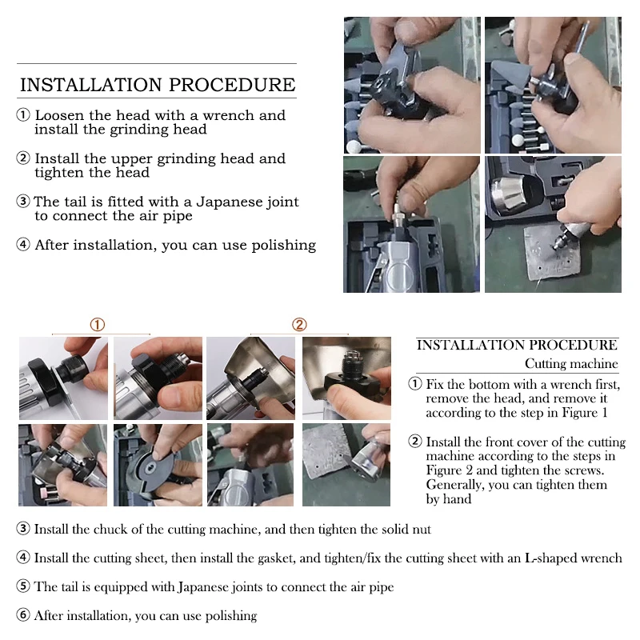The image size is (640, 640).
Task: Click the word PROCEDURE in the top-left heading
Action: (x=232, y=85)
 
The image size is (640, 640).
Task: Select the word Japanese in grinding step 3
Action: (x=229, y=202)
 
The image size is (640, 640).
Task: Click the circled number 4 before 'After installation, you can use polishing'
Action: (x=23, y=245)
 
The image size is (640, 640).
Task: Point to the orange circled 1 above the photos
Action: (x=97, y=325)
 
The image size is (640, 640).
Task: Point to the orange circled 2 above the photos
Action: (x=299, y=325)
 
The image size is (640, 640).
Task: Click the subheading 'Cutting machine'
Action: (x=571, y=363)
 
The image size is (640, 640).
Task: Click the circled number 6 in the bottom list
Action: (x=23, y=614)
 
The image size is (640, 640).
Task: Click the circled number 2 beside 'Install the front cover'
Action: (x=415, y=442)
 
